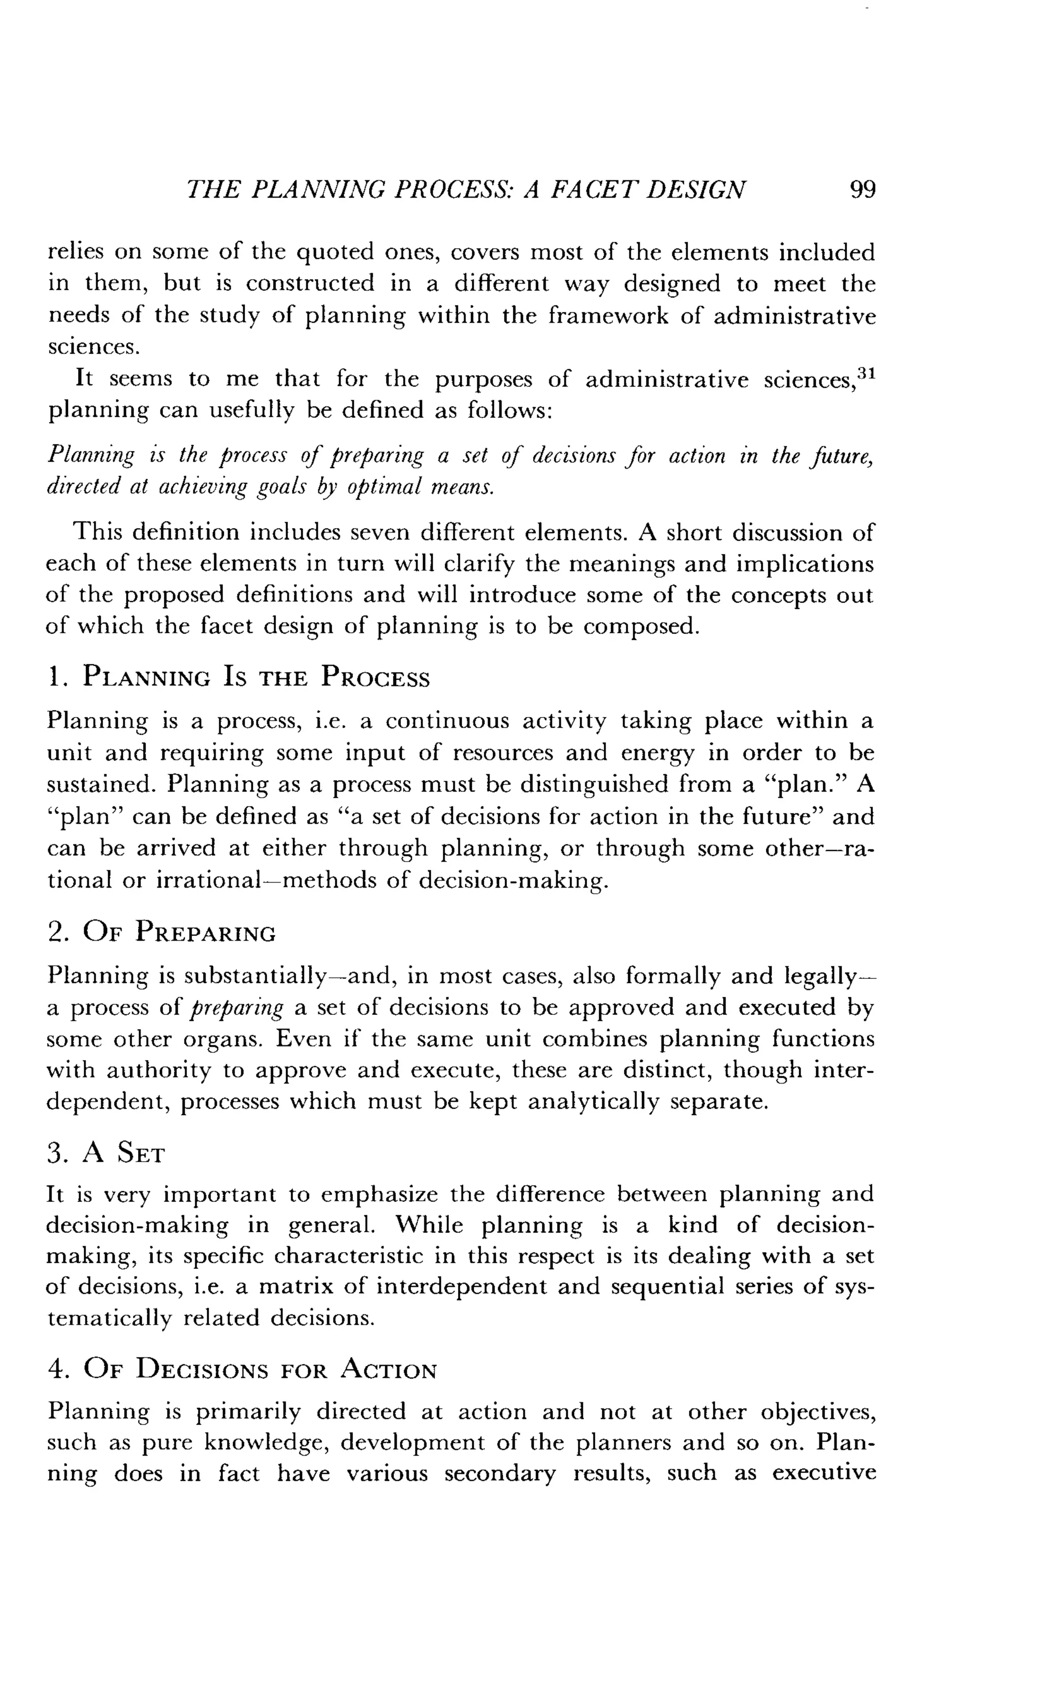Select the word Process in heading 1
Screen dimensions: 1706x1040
(375, 676)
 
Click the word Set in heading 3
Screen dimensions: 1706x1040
(141, 1154)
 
